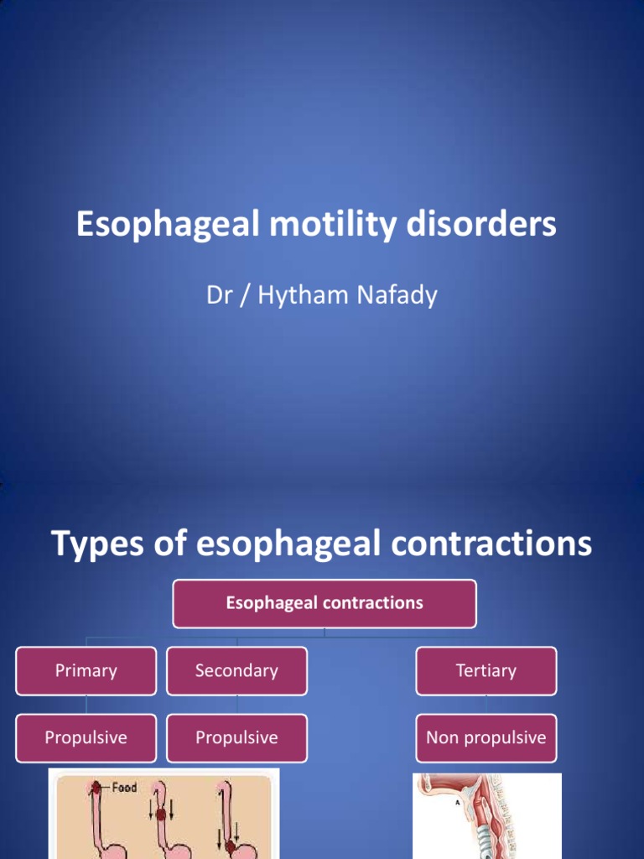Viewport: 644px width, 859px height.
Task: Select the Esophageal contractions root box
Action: pos(324,603)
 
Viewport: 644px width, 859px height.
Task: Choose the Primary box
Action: pos(86,671)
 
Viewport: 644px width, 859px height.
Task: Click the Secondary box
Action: pos(236,671)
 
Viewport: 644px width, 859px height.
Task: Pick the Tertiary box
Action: pos(486,671)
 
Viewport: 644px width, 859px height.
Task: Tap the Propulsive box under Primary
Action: pos(86,738)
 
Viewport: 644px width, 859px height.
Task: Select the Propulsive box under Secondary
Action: pos(236,738)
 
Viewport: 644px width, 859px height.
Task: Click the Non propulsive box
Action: pos(486,738)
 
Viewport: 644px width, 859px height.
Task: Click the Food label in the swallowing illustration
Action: pos(122,789)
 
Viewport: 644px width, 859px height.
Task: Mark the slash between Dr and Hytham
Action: pos(243,296)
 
